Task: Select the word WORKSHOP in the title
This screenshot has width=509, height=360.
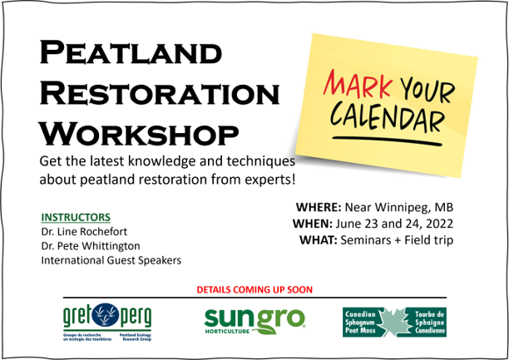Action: click(139, 131)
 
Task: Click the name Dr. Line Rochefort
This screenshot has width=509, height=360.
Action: click(86, 231)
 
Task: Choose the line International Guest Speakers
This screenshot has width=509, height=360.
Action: click(111, 261)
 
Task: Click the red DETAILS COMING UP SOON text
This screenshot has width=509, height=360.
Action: click(254, 289)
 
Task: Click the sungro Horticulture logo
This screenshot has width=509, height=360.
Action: click(254, 318)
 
